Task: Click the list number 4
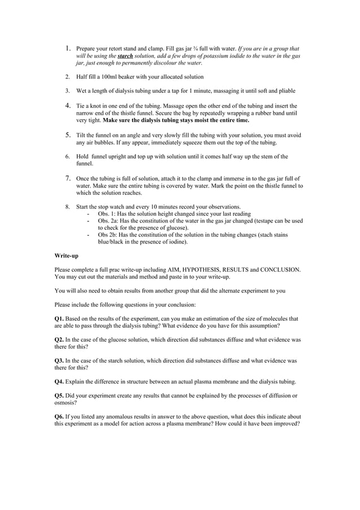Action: tap(67, 105)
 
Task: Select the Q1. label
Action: tap(59, 319)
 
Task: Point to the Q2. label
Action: tap(59, 340)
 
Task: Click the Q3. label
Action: tap(59, 360)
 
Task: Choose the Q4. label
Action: tap(59, 381)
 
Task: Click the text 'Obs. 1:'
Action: tap(108, 214)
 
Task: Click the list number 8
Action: tap(67, 207)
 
